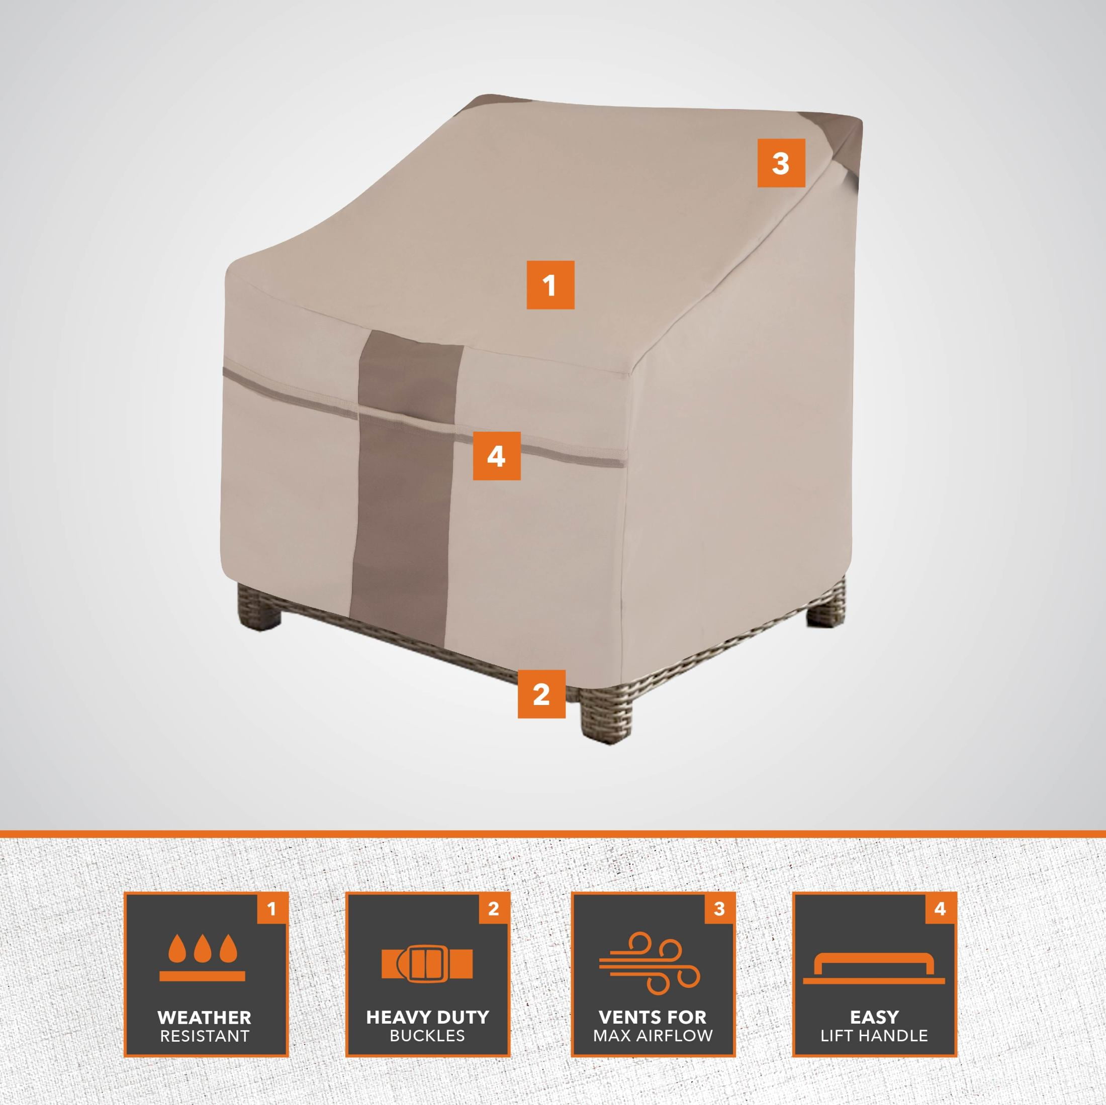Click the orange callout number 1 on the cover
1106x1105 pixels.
coord(550,285)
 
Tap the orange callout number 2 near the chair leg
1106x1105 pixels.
coord(541,694)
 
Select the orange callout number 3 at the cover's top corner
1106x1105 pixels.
coord(781,163)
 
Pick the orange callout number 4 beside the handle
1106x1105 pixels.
coord(496,455)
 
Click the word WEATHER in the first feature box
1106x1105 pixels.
coord(205,1018)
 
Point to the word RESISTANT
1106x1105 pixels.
coord(205,1036)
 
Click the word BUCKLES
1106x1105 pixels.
coord(427,1035)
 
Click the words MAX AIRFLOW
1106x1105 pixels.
coord(653,1035)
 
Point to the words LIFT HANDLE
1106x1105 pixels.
coord(874,1035)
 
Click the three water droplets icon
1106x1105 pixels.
coord(203,957)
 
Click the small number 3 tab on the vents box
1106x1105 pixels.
coord(719,908)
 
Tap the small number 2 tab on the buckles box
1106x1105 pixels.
coord(494,908)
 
